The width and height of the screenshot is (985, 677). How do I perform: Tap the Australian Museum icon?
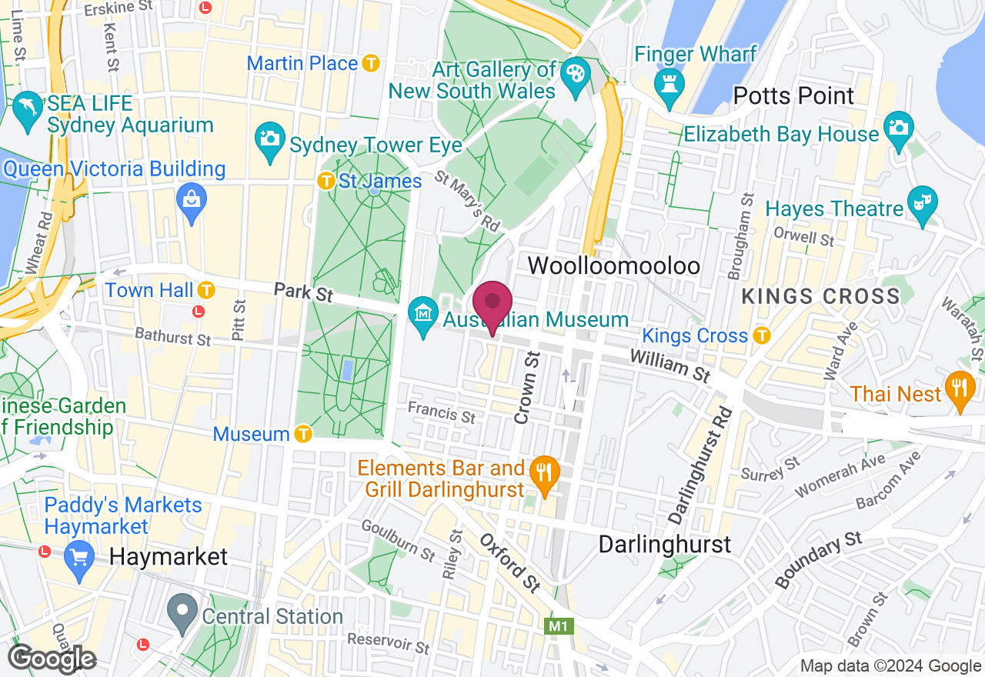tap(423, 317)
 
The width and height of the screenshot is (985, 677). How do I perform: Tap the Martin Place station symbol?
tap(372, 63)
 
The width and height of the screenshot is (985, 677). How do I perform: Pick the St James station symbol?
tap(327, 182)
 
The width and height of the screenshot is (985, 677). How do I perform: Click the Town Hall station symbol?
tap(205, 290)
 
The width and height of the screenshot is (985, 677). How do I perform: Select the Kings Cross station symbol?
tap(761, 335)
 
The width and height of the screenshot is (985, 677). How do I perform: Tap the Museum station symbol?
tap(303, 434)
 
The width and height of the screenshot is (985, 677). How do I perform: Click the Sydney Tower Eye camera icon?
tap(269, 142)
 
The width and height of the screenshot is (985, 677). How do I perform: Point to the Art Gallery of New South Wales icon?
tap(573, 77)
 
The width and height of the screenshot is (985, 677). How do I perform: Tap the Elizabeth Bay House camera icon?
tap(897, 128)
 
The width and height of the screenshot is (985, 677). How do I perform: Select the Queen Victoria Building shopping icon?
tap(191, 202)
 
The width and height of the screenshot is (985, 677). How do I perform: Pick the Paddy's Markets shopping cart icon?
tap(78, 555)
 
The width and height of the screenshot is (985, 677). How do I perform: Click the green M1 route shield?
tap(559, 627)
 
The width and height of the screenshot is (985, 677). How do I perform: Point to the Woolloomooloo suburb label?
tap(613, 266)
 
